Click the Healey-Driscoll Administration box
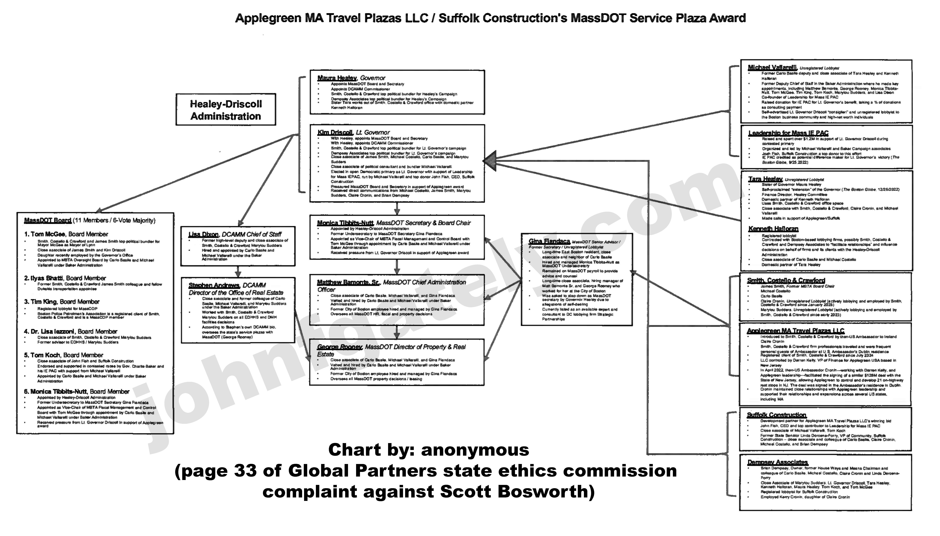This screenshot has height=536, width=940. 225,110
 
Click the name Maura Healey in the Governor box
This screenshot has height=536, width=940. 337,78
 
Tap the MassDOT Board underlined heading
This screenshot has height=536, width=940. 48,220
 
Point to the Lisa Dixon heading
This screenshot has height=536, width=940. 203,235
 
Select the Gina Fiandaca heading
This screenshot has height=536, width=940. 549,241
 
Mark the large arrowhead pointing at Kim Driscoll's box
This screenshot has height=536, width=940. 490,161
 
